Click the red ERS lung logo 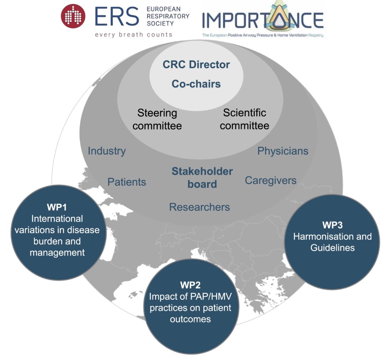click(x=73, y=16)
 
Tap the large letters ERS click(x=117, y=17)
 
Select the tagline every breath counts click(x=134, y=35)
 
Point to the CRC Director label click(x=196, y=64)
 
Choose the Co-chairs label click(x=196, y=84)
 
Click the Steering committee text click(x=157, y=119)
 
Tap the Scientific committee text click(x=244, y=119)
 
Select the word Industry click(x=107, y=151)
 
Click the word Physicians click(x=283, y=151)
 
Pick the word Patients click(x=127, y=182)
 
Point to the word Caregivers click(x=271, y=181)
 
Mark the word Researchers click(x=199, y=207)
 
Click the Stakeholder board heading click(x=202, y=178)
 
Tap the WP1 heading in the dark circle click(x=57, y=207)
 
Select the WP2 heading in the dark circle click(x=190, y=285)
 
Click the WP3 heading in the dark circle click(x=332, y=225)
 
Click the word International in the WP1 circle click(x=57, y=219)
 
